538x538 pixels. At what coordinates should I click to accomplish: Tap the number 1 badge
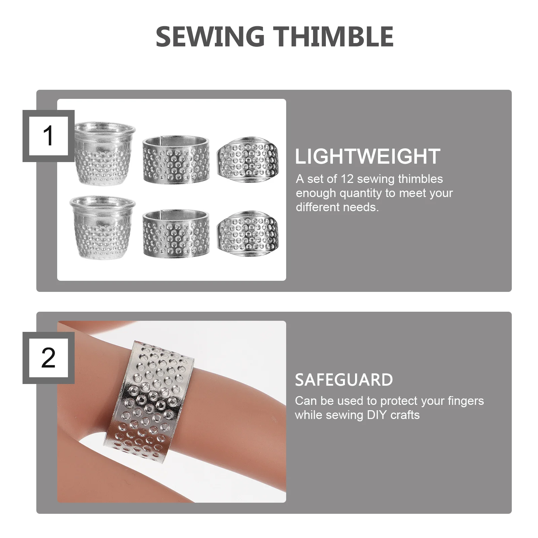48,136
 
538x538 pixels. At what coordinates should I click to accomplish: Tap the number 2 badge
48,358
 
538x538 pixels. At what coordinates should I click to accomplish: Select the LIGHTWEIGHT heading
368,156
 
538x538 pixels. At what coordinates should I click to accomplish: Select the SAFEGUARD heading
344,380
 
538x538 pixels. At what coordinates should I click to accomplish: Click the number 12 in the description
347,179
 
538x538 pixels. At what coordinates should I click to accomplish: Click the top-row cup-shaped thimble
104,153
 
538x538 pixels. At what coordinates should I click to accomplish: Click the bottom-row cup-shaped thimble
103,227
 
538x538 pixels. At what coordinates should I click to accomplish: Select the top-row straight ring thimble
176,160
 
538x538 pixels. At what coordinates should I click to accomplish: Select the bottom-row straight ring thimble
176,234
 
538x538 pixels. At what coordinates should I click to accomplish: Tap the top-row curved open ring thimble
248,160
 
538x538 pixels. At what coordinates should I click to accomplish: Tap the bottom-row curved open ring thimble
248,234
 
